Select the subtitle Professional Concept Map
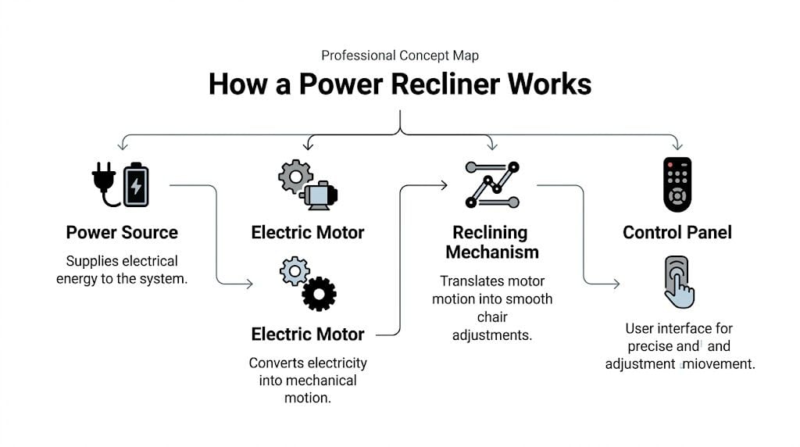coord(399,55)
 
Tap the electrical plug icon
coord(104,184)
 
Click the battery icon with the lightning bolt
coord(136,185)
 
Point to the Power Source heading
coord(122,232)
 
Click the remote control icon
coord(677,184)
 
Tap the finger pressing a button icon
coord(677,282)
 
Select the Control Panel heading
coord(677,232)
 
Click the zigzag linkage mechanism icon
coord(492,184)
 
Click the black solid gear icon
coord(320,294)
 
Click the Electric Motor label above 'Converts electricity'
coord(308,334)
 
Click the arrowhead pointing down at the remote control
coord(677,145)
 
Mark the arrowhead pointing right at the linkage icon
coord(443,185)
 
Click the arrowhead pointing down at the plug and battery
coord(121,145)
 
